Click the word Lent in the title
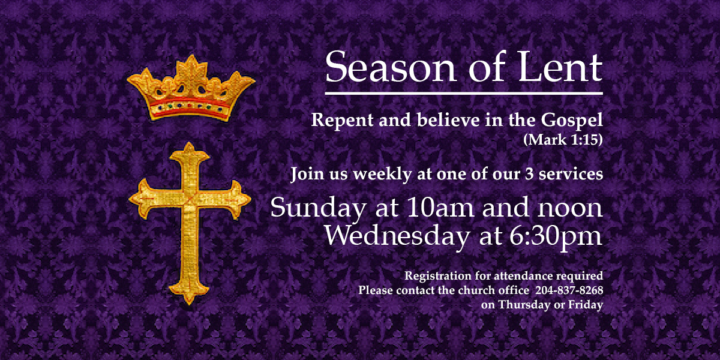tap(560, 67)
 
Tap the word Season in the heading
tap(391, 67)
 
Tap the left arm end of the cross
tap(130, 200)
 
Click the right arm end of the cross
tap(250, 199)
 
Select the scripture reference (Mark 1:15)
tap(563, 140)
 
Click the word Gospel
tap(572, 121)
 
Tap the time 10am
tap(440, 208)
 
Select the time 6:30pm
tap(556, 237)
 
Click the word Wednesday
tap(398, 236)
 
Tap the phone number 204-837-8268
tap(569, 290)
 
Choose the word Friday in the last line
tap(586, 305)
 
